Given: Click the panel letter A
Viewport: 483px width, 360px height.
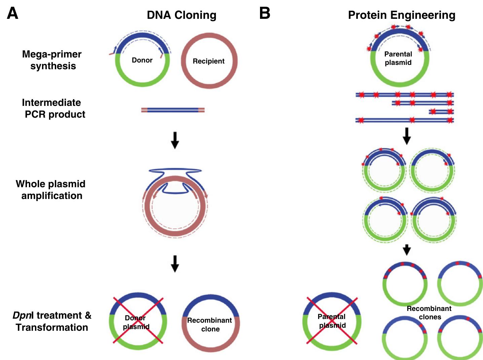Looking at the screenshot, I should point(12,13).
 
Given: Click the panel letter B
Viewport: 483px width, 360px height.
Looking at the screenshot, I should point(265,13).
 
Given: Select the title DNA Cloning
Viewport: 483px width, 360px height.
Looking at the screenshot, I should point(182,15).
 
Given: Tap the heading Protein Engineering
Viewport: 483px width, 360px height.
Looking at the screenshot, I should point(402,15).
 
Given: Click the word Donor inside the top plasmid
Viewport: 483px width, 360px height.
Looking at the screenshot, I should point(142,60).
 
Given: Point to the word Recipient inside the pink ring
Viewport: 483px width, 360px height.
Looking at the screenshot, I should point(209,61).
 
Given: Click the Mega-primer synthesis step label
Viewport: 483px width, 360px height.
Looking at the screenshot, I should point(52,60).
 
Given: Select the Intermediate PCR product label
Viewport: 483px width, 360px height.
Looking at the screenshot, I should point(53,108).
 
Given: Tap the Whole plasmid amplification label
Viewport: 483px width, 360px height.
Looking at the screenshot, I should point(51,190).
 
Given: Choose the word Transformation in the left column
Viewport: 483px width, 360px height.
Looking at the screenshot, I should point(52,327).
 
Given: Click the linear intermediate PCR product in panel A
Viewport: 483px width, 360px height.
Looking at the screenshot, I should point(173,110).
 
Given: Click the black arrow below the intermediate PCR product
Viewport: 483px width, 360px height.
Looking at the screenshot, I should point(175,140).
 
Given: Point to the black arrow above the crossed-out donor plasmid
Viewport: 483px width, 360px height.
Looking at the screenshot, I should point(175,264).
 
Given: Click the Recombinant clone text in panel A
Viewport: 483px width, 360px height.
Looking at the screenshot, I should point(210,324).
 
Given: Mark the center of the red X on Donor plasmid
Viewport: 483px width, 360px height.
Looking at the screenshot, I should point(138,320).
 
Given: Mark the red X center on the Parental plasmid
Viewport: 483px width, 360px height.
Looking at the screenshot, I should point(332,321).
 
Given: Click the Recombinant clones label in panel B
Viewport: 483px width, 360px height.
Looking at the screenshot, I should point(429,313).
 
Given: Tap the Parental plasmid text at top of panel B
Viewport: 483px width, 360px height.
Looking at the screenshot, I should point(398,58).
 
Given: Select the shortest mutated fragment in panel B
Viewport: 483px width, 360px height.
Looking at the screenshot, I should point(441,112).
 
